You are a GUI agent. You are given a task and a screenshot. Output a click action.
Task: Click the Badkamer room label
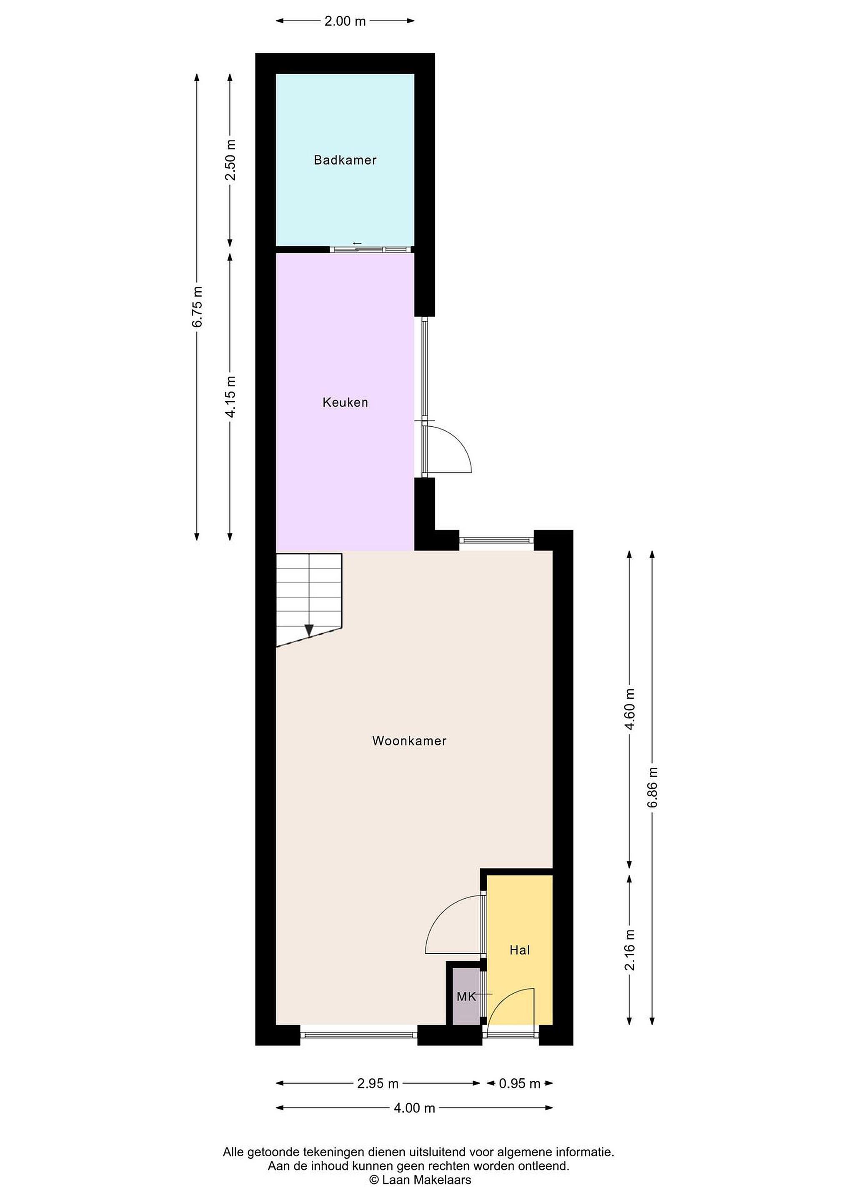tap(345, 160)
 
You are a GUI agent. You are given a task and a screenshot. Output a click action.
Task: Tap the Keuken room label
tap(345, 402)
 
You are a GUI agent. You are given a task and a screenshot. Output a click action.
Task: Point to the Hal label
tap(520, 950)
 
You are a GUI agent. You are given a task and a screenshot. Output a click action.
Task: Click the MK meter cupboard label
tap(466, 997)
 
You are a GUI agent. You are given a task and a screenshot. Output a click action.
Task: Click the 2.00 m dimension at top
tap(345, 21)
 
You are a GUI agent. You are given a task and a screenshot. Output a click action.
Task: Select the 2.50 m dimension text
tap(230, 160)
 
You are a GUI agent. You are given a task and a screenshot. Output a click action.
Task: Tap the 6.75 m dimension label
tap(197, 307)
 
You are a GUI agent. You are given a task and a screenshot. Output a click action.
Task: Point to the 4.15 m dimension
tap(230, 396)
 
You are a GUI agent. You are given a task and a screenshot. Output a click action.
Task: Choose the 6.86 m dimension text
tap(652, 787)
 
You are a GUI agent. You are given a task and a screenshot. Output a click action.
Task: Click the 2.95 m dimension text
tap(378, 1083)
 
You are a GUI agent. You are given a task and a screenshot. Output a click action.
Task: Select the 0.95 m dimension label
tap(520, 1083)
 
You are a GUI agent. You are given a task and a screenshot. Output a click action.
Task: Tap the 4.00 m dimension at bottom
tap(415, 1108)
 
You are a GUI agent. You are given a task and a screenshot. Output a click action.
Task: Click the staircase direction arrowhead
tap(309, 630)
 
